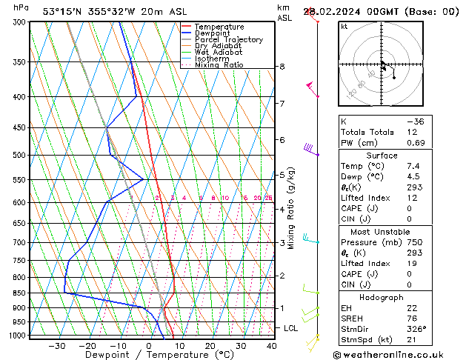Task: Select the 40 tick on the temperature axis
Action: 271,346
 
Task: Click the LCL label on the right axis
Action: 291,327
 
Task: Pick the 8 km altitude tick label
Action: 282,67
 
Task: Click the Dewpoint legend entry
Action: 215,33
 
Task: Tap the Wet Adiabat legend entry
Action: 219,53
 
